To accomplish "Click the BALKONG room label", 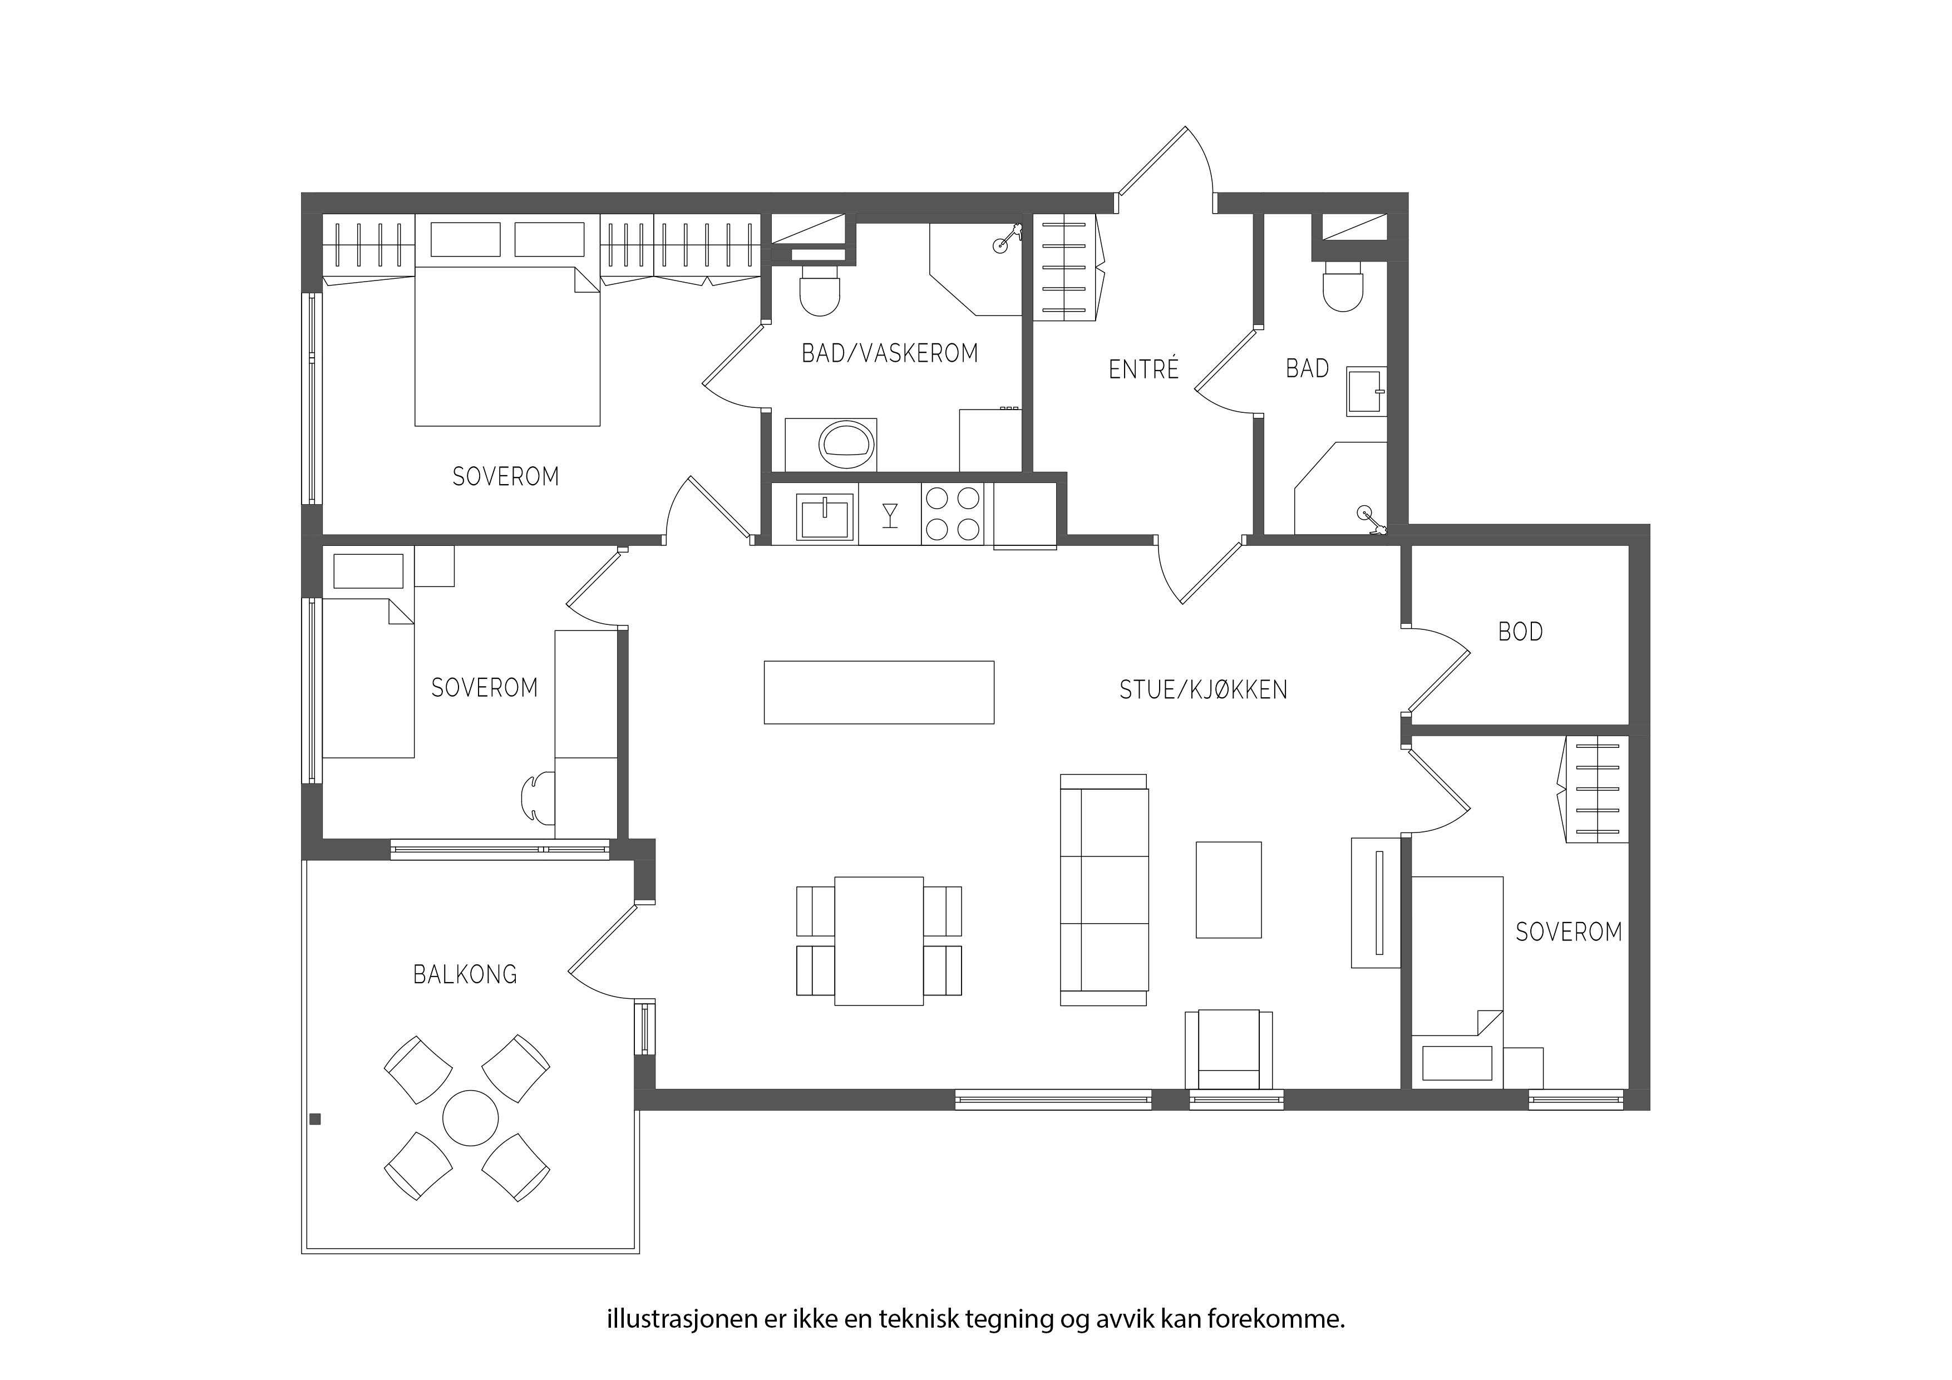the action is tap(465, 974).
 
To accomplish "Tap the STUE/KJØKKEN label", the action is tap(1203, 689).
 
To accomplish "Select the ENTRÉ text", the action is tap(1143, 369).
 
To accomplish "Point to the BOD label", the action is tap(1520, 632).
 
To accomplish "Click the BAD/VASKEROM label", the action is tap(890, 353).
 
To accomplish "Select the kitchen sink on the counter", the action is tap(824, 517).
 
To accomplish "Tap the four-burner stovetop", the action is tap(952, 514).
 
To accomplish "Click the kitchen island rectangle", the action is tap(879, 692).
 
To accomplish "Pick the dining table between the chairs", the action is tap(879, 942).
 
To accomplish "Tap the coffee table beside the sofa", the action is tap(1229, 889).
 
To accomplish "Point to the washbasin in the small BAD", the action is tap(1366, 392).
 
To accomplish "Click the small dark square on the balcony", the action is tap(316, 1119).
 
